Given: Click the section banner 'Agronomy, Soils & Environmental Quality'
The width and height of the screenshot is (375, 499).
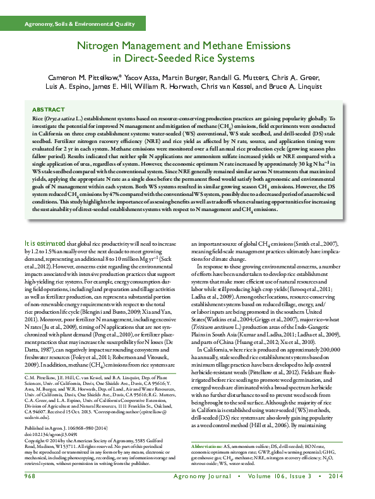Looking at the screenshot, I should click(79, 24).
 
